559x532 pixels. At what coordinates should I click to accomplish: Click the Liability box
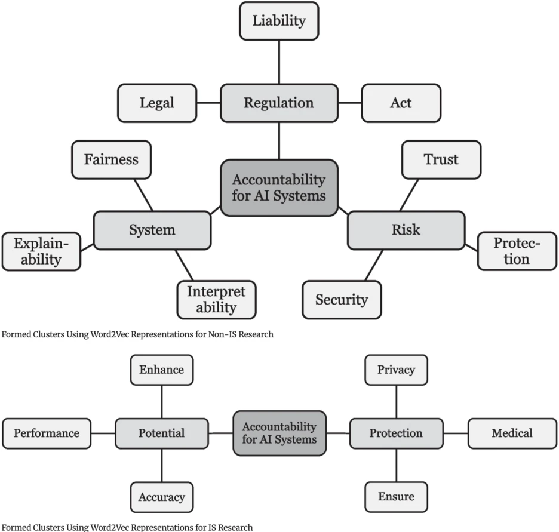[x=278, y=21]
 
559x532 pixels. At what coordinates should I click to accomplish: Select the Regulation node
[x=278, y=103]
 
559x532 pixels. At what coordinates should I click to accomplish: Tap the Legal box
[x=157, y=103]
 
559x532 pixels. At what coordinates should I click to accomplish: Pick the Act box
[x=401, y=103]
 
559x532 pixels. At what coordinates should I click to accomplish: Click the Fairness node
[x=111, y=160]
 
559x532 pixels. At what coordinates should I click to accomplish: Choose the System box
[x=152, y=230]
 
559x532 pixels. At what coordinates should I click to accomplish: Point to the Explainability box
[x=41, y=251]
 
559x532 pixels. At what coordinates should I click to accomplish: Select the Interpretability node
[x=216, y=300]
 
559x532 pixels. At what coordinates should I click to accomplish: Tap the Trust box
[x=441, y=160]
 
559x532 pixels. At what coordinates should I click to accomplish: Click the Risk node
[x=406, y=230]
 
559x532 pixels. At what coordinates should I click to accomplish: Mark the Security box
[x=342, y=300]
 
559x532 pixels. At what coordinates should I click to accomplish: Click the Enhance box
[x=161, y=370]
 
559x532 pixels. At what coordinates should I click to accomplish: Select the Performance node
[x=47, y=433]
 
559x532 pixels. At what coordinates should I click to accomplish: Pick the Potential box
[x=161, y=433]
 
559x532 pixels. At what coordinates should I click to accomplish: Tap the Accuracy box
[x=161, y=497]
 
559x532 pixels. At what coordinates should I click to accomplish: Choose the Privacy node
[x=396, y=370]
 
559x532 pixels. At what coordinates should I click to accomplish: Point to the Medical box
[x=512, y=433]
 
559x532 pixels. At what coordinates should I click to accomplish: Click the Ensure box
[x=396, y=497]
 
